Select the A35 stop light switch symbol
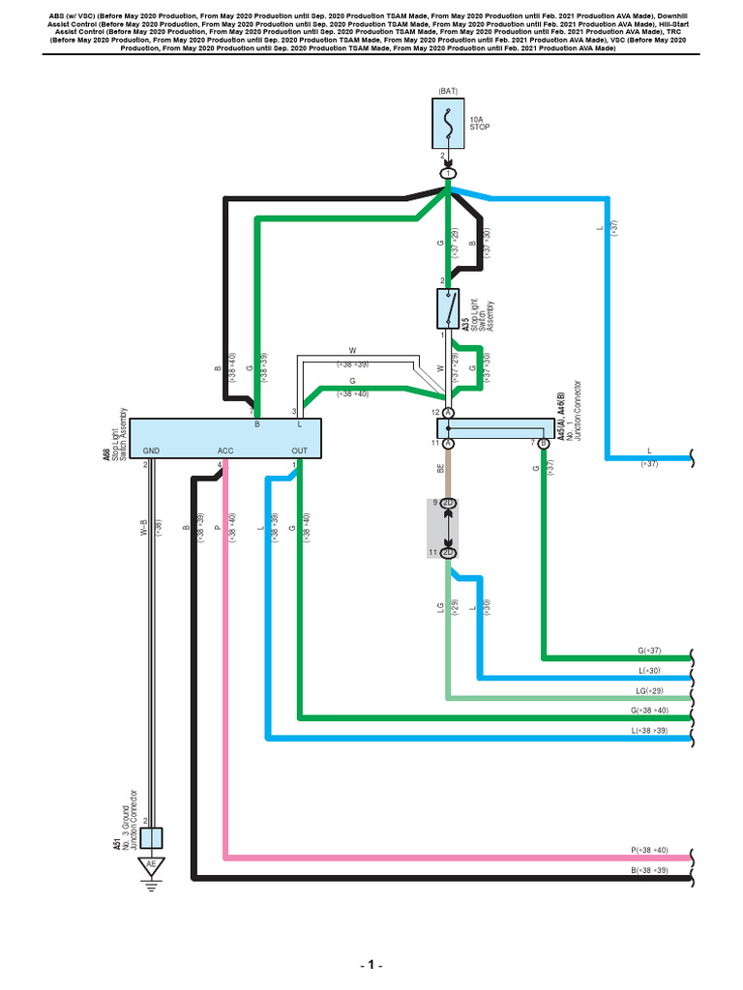click(448, 308)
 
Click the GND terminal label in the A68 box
click(151, 451)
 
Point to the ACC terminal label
click(226, 451)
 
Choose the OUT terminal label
click(299, 451)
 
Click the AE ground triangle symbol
click(150, 864)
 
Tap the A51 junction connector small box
click(151, 837)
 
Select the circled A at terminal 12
click(448, 412)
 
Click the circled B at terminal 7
click(543, 443)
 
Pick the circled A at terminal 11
click(448, 443)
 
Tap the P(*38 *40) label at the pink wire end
click(649, 850)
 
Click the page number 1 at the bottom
click(371, 966)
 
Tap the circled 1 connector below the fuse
click(448, 173)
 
